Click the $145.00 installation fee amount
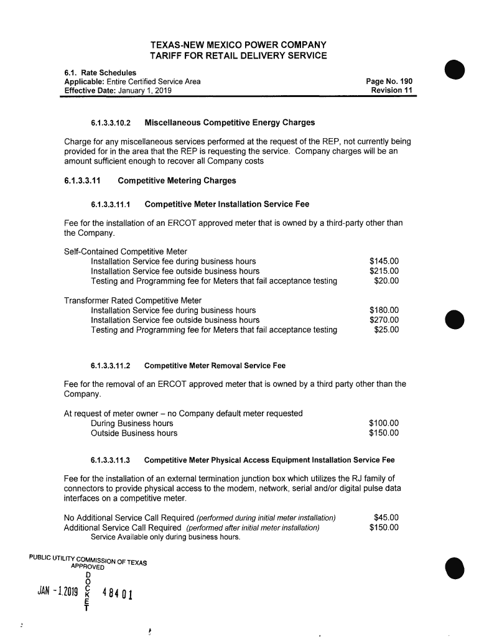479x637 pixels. (384, 261)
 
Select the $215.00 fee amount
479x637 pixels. (384, 271)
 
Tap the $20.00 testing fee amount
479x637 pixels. (386, 281)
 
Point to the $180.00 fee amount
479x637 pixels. (384, 310)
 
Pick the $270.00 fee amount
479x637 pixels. (384, 320)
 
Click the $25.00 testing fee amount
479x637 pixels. (386, 330)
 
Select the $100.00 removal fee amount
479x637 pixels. (384, 423)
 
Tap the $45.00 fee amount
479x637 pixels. (386, 518)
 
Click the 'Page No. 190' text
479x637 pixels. (389, 81)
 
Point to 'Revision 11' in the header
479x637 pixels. (392, 91)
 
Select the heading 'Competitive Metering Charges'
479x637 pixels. (177, 181)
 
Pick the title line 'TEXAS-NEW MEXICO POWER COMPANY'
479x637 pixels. (238, 45)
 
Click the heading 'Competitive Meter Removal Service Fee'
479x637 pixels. (215, 365)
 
